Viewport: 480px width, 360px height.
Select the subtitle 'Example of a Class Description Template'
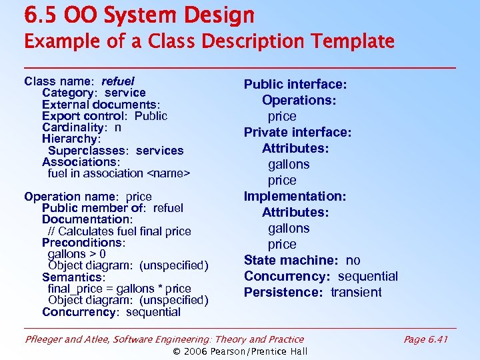209,41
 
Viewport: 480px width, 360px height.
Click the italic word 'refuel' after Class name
117,81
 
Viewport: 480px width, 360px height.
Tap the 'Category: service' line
93,93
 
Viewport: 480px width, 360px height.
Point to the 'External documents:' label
101,105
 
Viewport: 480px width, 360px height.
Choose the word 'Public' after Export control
151,116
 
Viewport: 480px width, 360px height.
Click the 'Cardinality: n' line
81,127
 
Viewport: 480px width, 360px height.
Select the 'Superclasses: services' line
115,151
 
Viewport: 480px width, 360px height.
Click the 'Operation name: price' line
87,197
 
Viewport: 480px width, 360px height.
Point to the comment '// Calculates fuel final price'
119,231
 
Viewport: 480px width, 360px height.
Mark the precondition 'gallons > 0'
77,254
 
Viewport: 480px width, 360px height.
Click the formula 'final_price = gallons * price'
119,289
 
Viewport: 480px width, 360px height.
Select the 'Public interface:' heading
295,84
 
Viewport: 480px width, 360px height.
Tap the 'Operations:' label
299,100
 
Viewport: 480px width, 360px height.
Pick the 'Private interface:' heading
297,132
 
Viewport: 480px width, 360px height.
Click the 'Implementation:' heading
295,196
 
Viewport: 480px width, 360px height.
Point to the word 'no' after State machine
353,260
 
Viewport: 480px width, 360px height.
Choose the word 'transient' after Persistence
356,292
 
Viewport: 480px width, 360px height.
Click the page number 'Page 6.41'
425,339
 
